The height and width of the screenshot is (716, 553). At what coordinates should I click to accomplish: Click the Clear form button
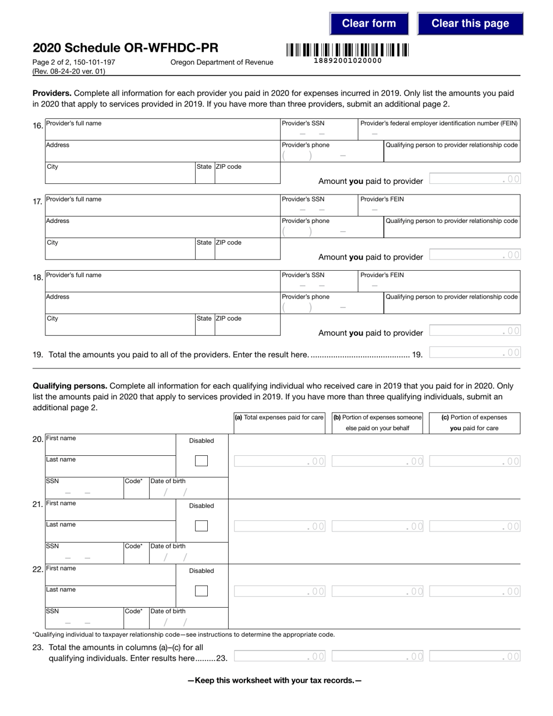368,24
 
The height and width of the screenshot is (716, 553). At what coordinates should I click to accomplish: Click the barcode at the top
347,50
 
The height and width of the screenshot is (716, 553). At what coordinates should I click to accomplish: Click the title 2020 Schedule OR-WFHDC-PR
126,48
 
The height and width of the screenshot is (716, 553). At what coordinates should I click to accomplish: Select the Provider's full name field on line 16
162,132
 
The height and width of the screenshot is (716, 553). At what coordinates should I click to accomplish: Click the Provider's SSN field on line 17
318,208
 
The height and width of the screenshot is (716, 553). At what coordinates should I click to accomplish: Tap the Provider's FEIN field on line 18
438,284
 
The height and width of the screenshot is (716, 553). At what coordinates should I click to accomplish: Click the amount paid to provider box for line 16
474,179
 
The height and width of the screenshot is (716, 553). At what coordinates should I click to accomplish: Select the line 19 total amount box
474,352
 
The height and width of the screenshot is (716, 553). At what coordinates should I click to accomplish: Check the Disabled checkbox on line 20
201,461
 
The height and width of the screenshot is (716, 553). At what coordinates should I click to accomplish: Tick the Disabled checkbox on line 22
201,591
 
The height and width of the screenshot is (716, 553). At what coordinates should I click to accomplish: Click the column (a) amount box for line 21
279,526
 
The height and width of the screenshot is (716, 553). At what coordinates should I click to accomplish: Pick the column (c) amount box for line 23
474,657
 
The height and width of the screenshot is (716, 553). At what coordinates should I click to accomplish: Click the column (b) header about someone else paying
377,423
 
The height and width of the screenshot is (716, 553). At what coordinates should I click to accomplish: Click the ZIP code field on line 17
247,252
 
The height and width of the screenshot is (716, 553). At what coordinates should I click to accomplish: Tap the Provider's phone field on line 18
318,306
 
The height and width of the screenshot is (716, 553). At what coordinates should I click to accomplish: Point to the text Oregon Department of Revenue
222,62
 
